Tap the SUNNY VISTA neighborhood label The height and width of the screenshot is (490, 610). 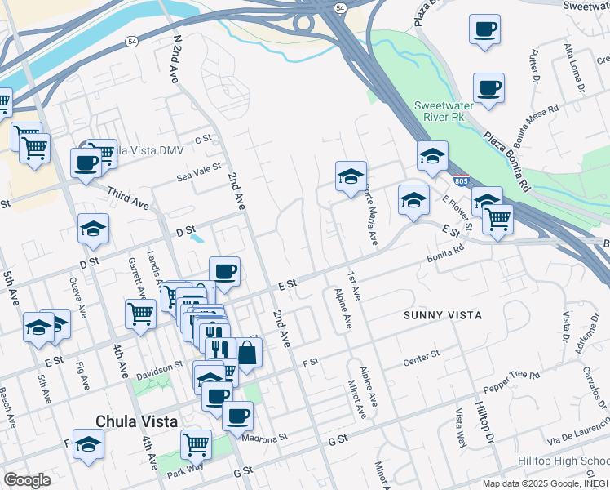443,314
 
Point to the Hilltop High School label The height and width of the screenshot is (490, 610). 564,461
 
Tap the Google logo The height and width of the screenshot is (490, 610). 27,480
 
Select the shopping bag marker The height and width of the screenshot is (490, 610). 247,353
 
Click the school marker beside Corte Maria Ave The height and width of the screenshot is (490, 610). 351,176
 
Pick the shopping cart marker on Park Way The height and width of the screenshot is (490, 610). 196,443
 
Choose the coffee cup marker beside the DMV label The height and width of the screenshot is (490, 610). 85,162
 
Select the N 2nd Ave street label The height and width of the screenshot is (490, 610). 174,60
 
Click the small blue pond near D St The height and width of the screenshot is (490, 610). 197,238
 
